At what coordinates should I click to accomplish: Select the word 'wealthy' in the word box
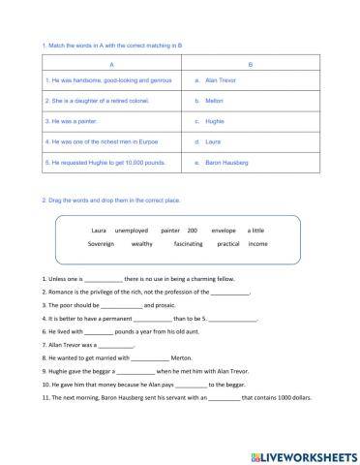(143, 244)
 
